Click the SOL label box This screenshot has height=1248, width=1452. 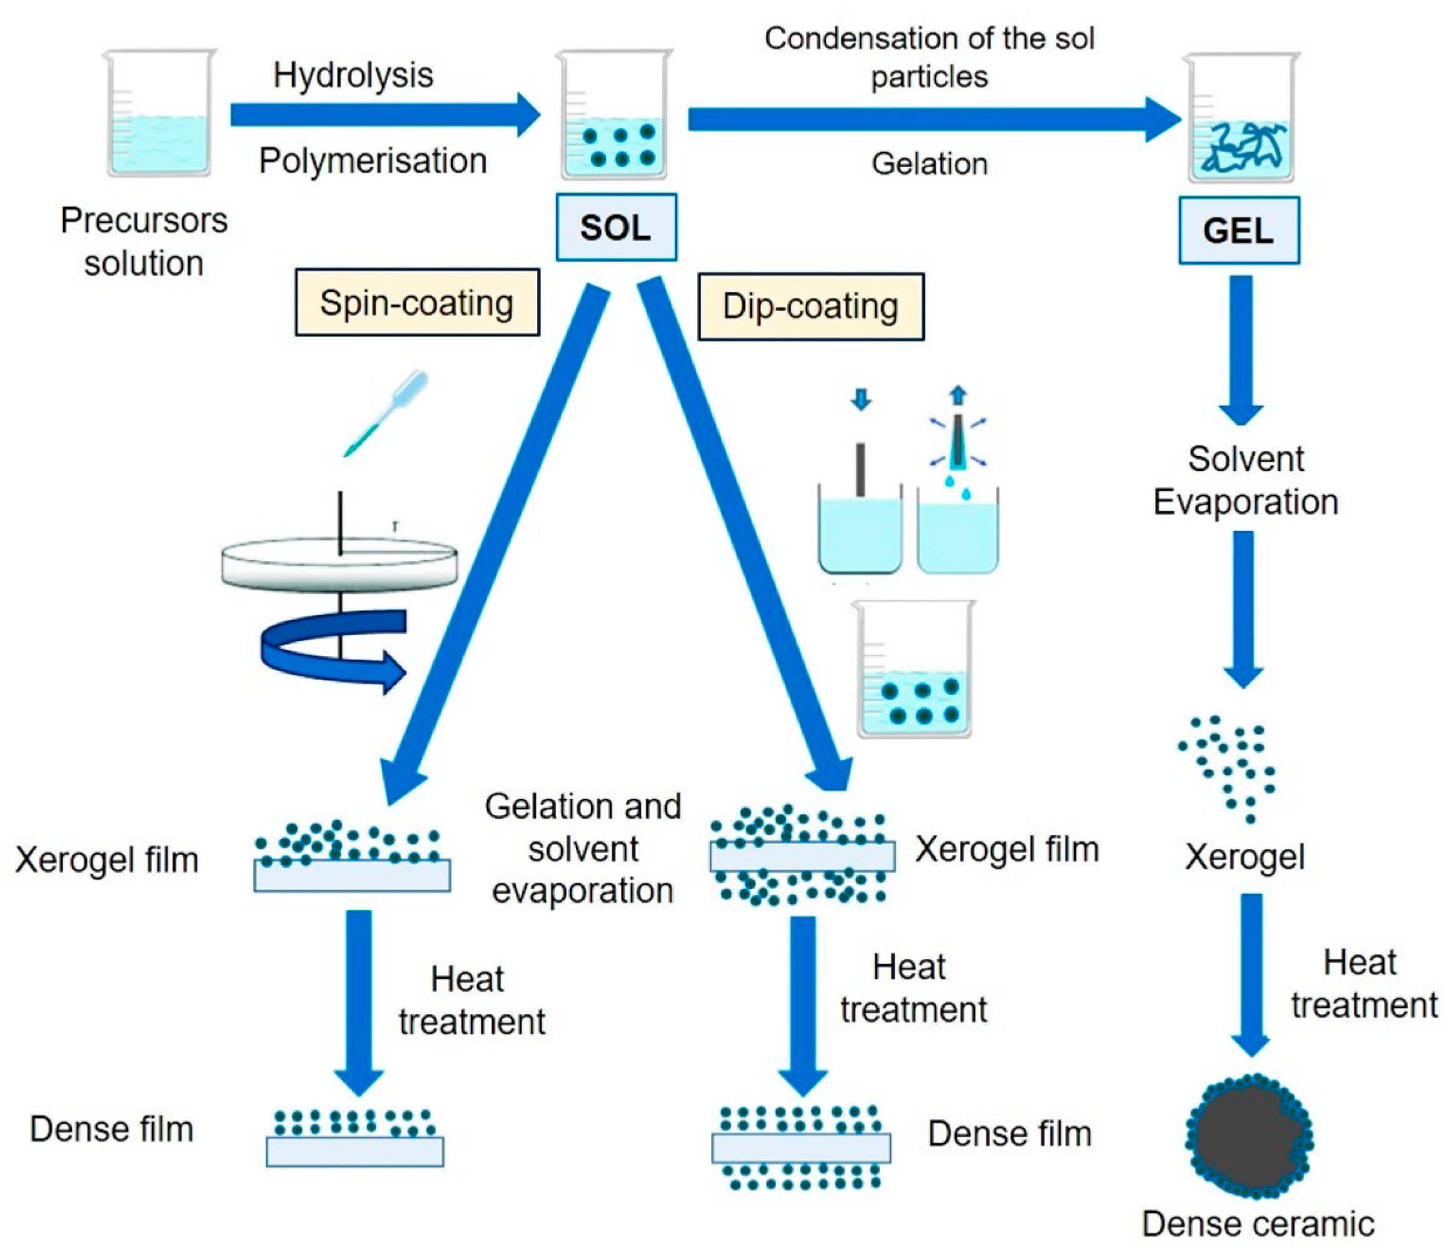tap(616, 227)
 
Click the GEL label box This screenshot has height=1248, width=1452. tap(1238, 231)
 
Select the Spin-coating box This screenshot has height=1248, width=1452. tap(417, 302)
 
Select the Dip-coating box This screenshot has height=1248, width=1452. tap(811, 307)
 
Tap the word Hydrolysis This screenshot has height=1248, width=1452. tap(353, 74)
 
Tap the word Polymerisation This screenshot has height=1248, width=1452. tap(373, 161)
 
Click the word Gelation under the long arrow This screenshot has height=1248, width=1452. tap(929, 164)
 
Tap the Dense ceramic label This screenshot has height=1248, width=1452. tap(1258, 1224)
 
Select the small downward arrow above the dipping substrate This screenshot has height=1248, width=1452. tap(860, 400)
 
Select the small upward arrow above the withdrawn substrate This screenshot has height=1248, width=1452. tap(958, 395)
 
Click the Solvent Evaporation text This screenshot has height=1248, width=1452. tap(1246, 480)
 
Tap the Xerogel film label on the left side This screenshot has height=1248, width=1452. tap(107, 860)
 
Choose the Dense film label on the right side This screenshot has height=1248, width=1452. tap(1010, 1134)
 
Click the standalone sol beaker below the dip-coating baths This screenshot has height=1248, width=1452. tap(914, 669)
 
